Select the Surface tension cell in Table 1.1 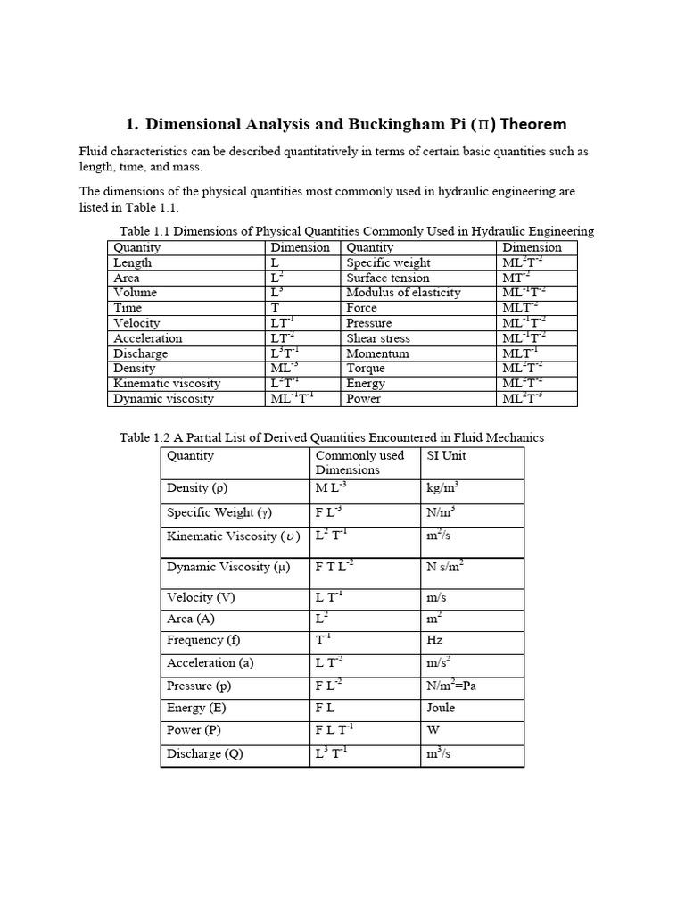(387, 278)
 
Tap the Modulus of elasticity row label (403, 293)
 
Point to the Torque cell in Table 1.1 (366, 368)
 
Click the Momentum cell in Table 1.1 (377, 353)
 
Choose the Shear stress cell (378, 338)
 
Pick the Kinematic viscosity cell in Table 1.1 (167, 383)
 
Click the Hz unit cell (435, 640)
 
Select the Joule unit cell (442, 708)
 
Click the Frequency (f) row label (203, 640)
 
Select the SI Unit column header (447, 455)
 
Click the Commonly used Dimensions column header (359, 462)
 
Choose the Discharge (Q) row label (205, 753)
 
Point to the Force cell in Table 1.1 (362, 308)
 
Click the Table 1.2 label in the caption (148, 437)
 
